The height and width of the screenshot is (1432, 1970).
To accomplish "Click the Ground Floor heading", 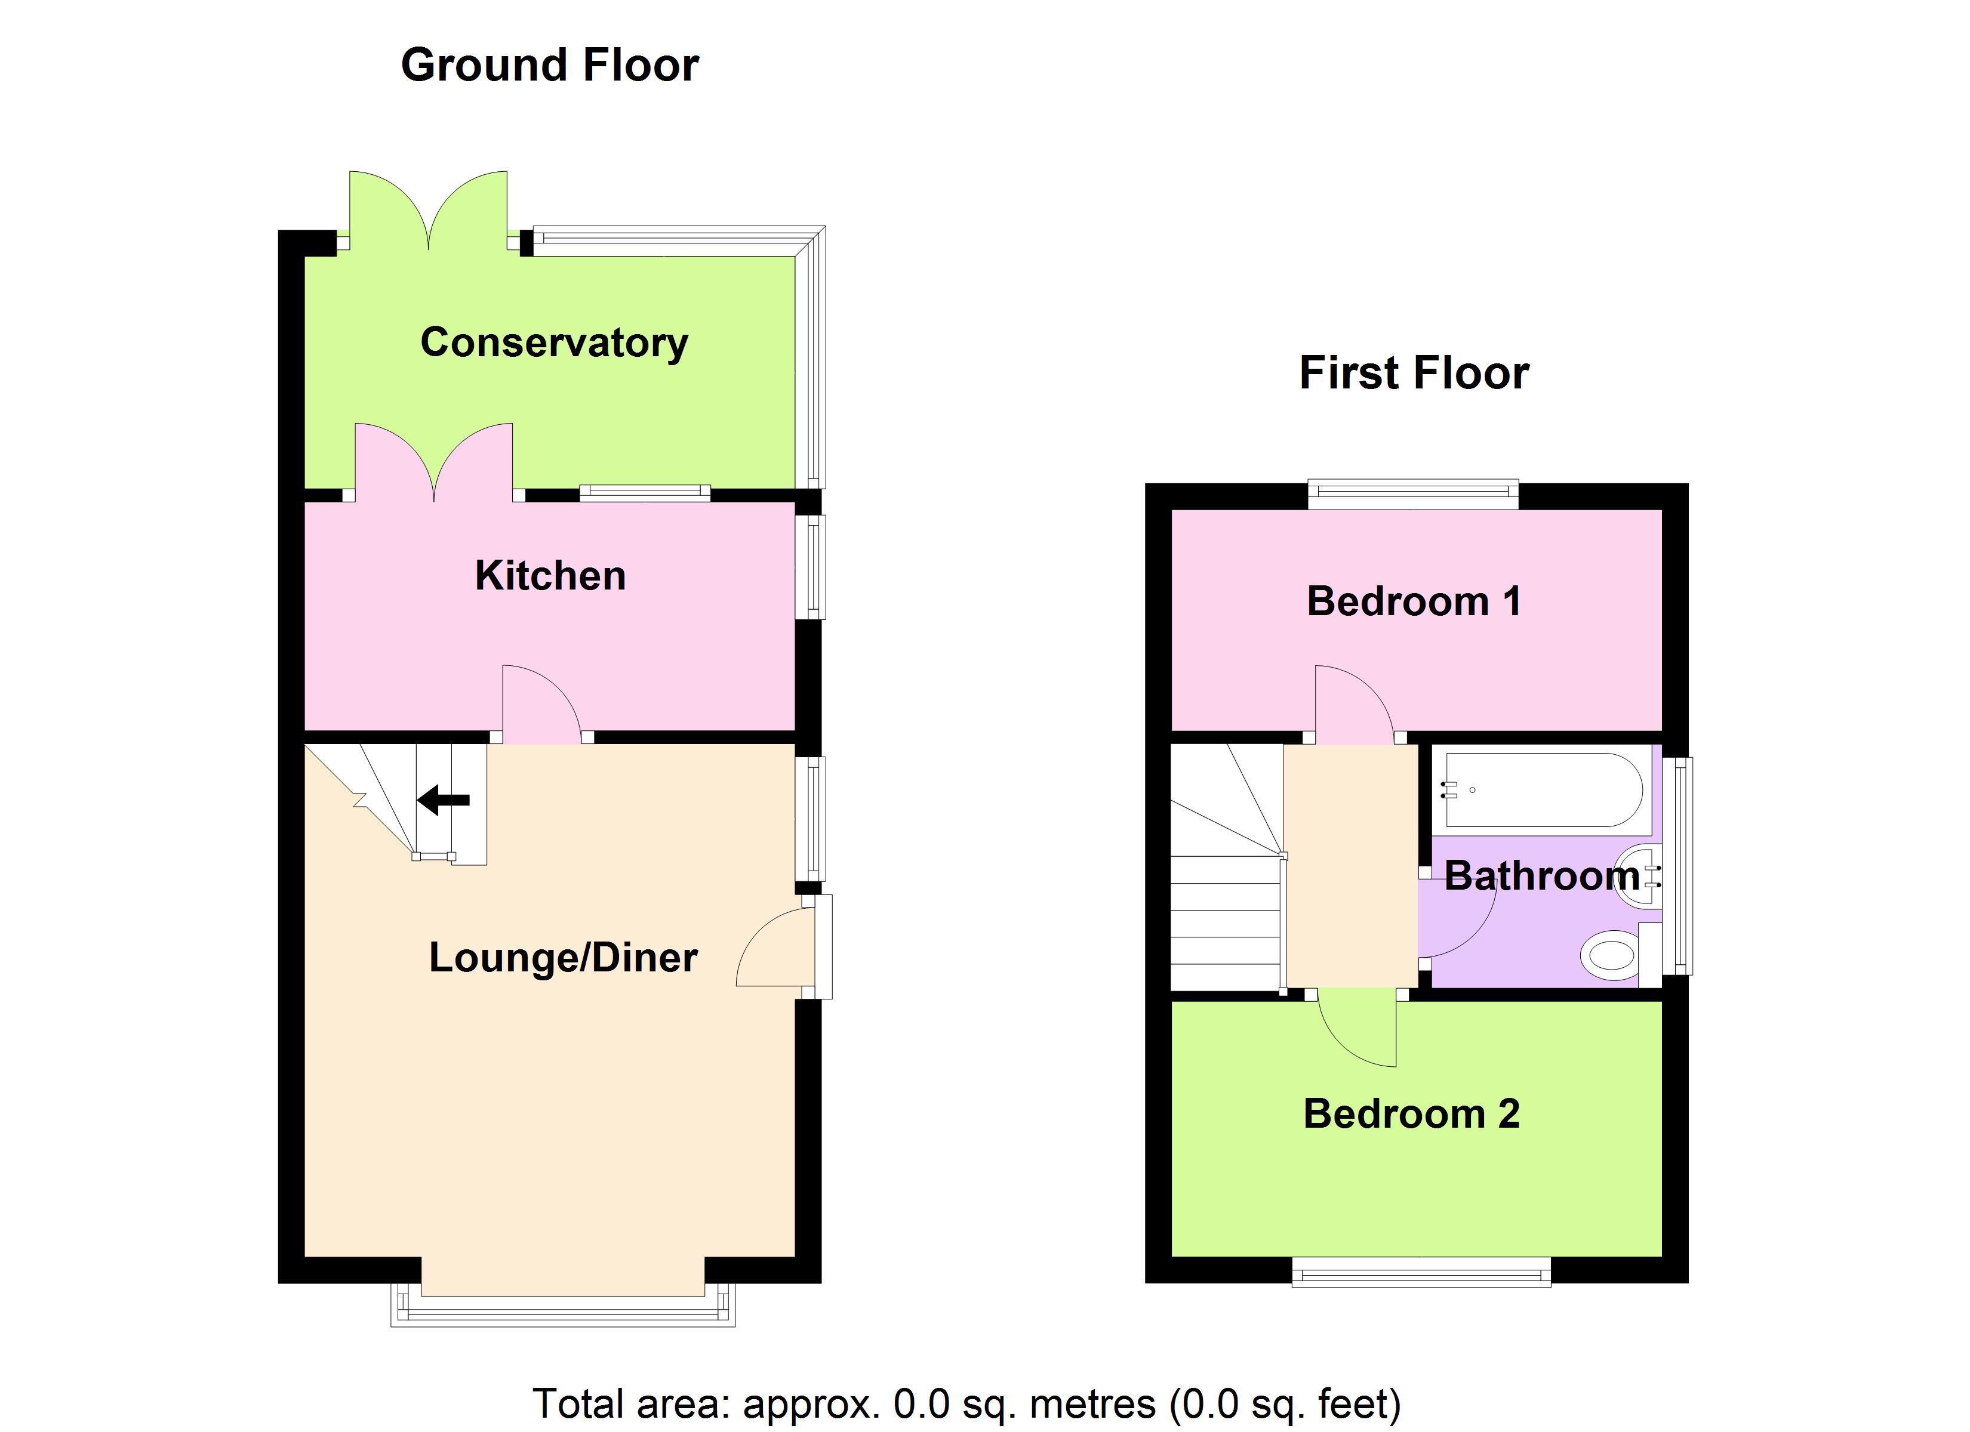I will pyautogui.click(x=549, y=65).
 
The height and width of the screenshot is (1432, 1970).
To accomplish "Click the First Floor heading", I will pyautogui.click(x=1413, y=374).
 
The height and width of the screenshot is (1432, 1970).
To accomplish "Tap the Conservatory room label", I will pyautogui.click(x=554, y=342).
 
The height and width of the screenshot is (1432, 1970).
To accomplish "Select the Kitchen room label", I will pyautogui.click(x=550, y=576).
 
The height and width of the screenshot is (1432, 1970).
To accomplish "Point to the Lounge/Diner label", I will pyautogui.click(x=563, y=958).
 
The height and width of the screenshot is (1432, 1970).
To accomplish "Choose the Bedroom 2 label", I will pyautogui.click(x=1411, y=1114).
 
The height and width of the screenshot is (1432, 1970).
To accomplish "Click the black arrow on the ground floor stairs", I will pyautogui.click(x=444, y=799).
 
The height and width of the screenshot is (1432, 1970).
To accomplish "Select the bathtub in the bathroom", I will pyautogui.click(x=1544, y=790).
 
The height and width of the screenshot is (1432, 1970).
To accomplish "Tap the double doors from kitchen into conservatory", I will pyautogui.click(x=435, y=460).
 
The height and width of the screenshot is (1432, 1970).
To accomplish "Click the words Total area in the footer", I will pyautogui.click(x=630, y=1404).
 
